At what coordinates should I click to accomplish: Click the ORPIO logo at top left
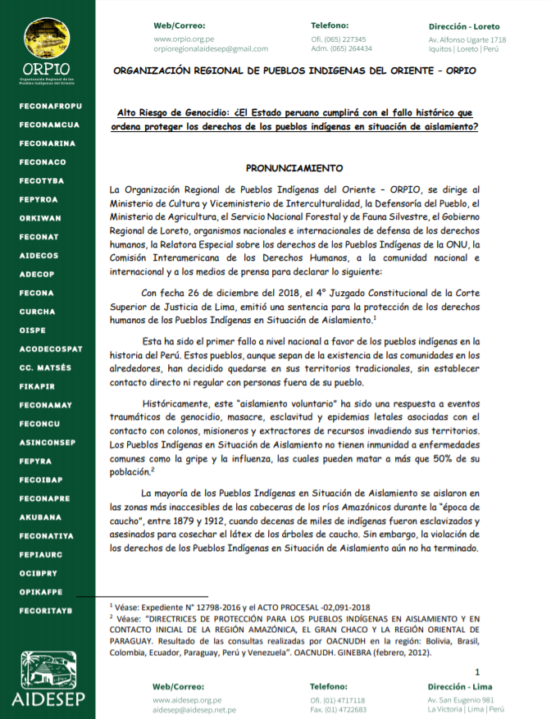[47, 49]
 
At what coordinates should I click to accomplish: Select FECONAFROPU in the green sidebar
[50, 106]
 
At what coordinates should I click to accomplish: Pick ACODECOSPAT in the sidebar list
[51, 348]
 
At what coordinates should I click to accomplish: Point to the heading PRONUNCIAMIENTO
[294, 168]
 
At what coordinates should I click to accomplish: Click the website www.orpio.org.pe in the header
[184, 39]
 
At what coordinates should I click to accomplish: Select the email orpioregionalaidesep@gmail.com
[211, 49]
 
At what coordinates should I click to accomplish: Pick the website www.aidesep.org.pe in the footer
[188, 700]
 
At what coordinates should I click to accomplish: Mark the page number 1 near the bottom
[477, 672]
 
